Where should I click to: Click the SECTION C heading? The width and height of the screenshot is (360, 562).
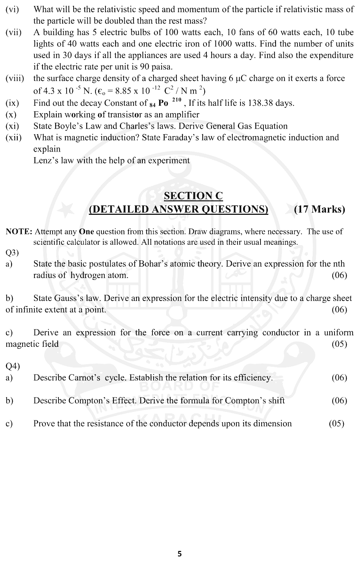click(193, 196)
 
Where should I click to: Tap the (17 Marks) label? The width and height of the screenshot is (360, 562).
click(319, 209)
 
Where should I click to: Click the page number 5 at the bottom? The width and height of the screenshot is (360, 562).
click(180, 553)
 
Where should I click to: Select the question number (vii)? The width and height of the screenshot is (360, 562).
click(14, 33)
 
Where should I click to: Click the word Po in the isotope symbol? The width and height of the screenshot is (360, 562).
click(163, 103)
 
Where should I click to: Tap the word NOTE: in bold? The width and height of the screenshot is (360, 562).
click(19, 232)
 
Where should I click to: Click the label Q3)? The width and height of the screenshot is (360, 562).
click(12, 253)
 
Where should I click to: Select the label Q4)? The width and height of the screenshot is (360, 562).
click(13, 366)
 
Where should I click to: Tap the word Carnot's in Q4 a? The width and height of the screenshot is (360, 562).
click(84, 378)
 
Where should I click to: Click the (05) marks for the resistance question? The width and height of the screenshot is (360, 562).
click(336, 423)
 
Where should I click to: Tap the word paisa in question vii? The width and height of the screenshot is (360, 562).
click(161, 67)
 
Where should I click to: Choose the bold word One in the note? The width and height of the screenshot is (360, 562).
click(87, 232)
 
